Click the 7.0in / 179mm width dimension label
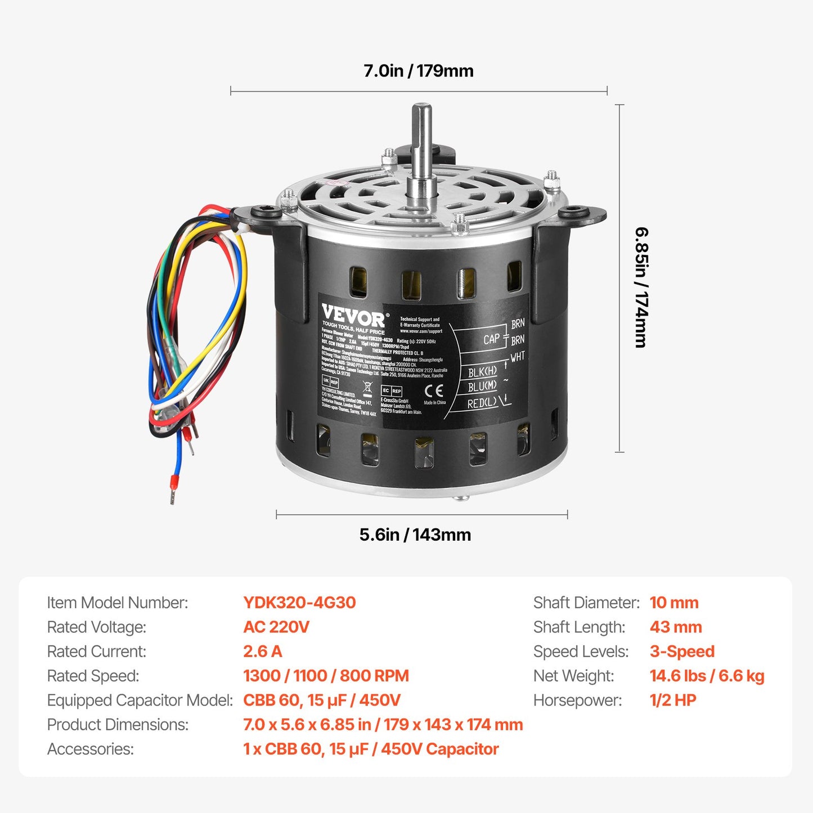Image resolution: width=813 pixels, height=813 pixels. (418, 71)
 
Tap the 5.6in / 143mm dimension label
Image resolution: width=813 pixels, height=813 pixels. (415, 534)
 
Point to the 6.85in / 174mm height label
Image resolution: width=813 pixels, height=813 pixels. (641, 287)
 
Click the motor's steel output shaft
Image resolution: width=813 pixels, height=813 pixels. (421, 146)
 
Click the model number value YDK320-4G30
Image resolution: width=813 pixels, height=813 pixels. (299, 603)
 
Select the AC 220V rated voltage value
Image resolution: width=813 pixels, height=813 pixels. (276, 627)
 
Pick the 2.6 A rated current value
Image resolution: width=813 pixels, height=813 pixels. (262, 652)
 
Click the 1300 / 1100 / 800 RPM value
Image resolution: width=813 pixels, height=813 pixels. (326, 676)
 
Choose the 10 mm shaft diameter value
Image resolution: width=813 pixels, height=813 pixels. (674, 603)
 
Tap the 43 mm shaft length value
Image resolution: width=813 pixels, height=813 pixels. (676, 627)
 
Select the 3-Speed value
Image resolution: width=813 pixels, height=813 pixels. (682, 652)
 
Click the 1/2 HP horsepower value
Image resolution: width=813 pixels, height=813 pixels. (673, 700)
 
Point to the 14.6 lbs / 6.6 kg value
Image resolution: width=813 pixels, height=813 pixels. (707, 676)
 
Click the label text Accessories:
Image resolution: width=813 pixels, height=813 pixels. (91, 749)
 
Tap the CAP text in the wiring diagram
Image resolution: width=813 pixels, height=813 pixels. (491, 339)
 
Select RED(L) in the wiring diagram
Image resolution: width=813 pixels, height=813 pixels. (482, 403)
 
